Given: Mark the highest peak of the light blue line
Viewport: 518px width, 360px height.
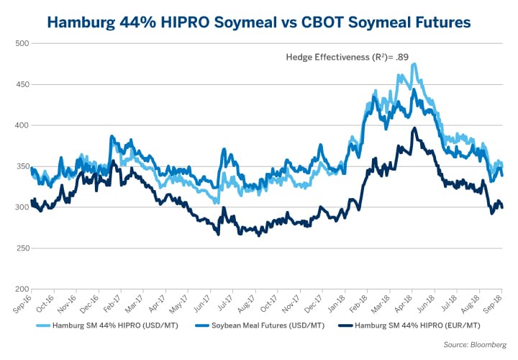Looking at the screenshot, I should click(414, 64).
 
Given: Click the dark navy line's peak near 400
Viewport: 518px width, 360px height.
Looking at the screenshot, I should click(414, 128).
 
